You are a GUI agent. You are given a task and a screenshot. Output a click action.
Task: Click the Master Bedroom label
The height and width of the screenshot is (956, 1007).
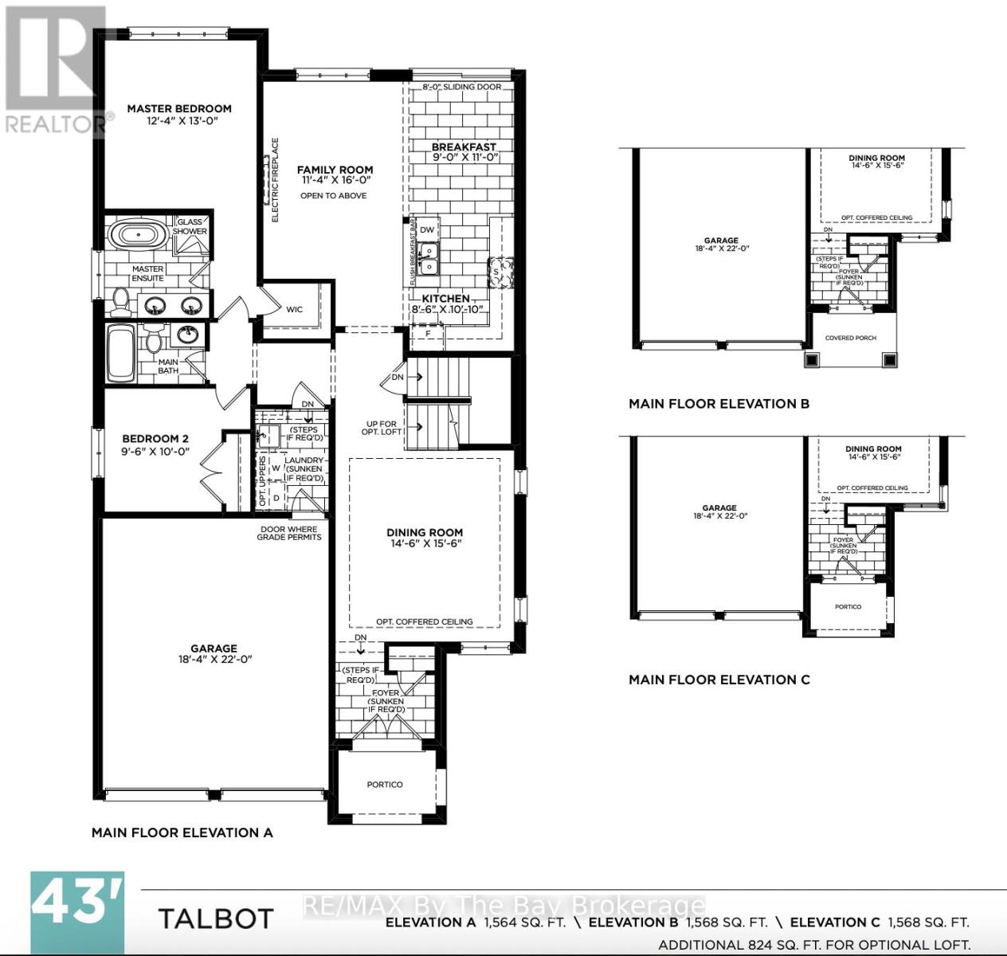(179, 108)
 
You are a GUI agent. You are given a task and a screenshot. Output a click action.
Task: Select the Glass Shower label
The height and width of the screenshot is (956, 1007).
(190, 227)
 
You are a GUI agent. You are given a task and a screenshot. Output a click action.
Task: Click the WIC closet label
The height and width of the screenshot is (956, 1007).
(294, 309)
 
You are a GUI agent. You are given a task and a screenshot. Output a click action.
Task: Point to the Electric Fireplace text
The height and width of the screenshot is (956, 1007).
(276, 180)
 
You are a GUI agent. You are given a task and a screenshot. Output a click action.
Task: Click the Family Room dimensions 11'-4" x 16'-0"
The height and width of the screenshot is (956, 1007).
(335, 181)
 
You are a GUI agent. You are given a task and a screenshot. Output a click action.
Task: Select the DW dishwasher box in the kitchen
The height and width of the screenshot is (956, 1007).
(427, 230)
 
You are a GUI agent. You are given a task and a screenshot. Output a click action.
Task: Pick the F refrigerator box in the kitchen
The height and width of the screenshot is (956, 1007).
(428, 334)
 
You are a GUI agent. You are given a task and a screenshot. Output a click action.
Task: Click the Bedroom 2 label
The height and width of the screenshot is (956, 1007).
(155, 438)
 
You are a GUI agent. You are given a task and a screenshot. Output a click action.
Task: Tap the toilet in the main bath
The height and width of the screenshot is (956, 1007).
(154, 341)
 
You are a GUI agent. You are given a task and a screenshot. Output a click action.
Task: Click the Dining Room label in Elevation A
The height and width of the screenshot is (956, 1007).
(425, 532)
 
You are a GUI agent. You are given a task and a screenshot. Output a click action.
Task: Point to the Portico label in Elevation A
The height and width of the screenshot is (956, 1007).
(385, 785)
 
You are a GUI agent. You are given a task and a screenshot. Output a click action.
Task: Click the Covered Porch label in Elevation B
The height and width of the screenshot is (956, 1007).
(850, 338)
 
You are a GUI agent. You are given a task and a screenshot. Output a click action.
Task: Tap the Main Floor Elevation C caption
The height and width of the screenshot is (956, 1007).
(719, 680)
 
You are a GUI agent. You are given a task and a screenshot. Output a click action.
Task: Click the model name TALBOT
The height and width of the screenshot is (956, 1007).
(216, 919)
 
